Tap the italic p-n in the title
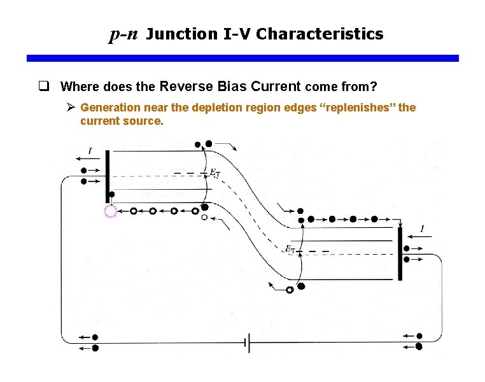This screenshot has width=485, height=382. [x=123, y=34]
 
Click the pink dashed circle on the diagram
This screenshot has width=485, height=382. [x=111, y=212]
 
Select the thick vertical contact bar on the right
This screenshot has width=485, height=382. [x=400, y=253]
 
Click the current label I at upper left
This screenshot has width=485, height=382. [x=90, y=151]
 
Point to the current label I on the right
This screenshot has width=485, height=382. [x=423, y=229]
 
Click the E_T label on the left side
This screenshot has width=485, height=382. [x=215, y=173]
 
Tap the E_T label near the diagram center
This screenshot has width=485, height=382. [x=290, y=249]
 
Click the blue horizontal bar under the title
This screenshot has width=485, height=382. [x=243, y=58]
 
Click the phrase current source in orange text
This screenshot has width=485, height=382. [x=121, y=120]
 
